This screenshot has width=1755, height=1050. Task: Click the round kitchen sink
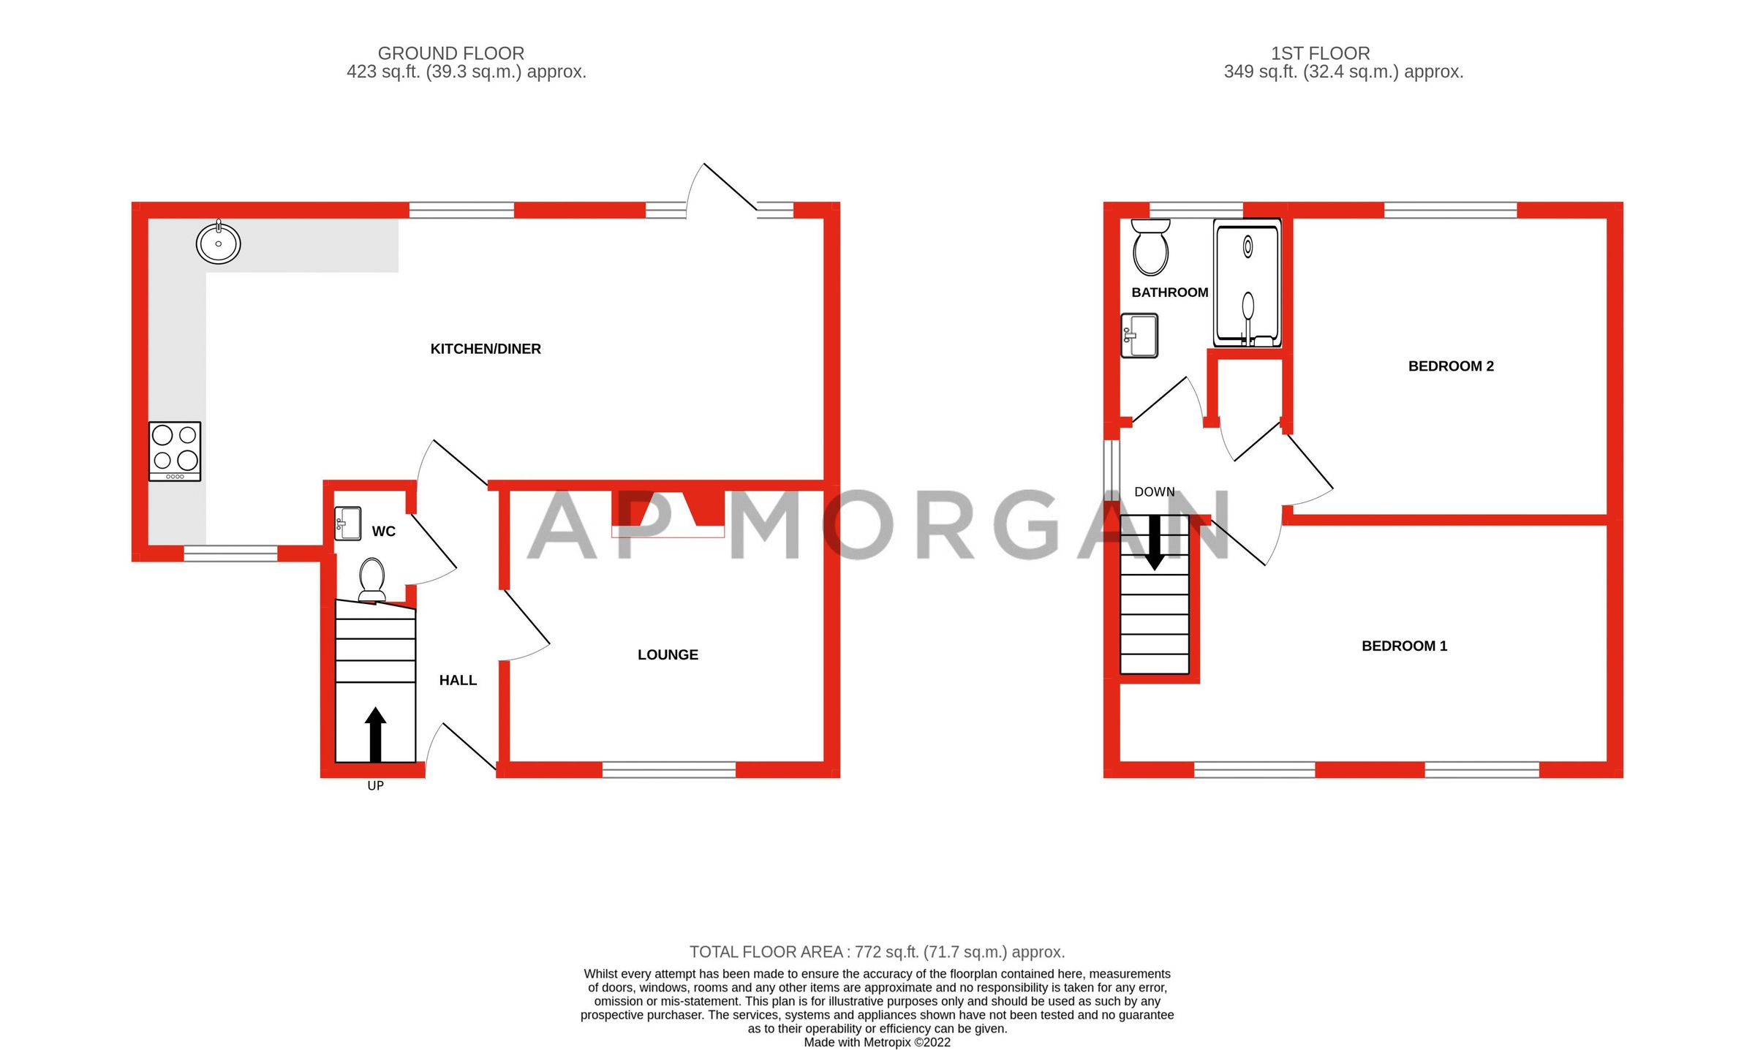[x=218, y=243]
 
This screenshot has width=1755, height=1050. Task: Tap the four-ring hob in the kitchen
[x=175, y=451]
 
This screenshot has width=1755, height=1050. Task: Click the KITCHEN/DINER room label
[x=486, y=349]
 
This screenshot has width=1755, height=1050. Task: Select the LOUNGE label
[x=668, y=654]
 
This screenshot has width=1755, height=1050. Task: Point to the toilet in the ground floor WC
[x=372, y=578]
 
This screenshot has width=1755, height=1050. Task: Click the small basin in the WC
[x=348, y=524]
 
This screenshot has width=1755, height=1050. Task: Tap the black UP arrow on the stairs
[x=375, y=734]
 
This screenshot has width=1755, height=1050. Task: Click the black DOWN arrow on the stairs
[x=1154, y=542]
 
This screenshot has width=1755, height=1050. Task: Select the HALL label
[x=458, y=680]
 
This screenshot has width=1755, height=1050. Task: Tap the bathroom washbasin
[x=1139, y=336]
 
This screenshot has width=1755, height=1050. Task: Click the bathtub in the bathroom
[x=1248, y=283]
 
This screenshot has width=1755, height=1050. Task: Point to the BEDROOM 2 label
[x=1451, y=366]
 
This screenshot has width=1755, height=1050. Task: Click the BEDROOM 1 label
[x=1404, y=646]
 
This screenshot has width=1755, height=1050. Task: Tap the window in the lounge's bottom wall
[x=668, y=768]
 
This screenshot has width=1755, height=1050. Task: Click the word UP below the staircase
[x=375, y=786]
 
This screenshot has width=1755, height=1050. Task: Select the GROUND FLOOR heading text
[x=450, y=53]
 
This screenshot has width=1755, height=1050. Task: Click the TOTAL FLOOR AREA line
[x=877, y=952]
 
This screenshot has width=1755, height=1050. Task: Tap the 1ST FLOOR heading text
[x=1320, y=53]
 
